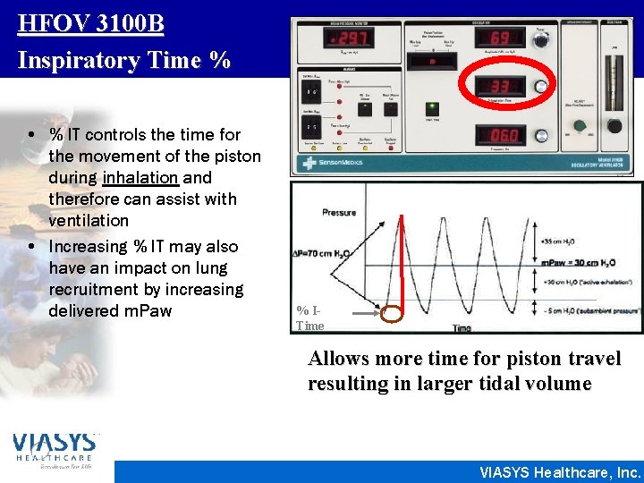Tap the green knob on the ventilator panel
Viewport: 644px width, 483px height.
[580, 125]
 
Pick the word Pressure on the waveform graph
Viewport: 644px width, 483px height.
[339, 212]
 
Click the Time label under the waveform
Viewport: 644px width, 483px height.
[462, 328]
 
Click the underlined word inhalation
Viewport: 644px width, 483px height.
[133, 178]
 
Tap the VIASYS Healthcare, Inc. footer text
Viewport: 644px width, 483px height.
[560, 472]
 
